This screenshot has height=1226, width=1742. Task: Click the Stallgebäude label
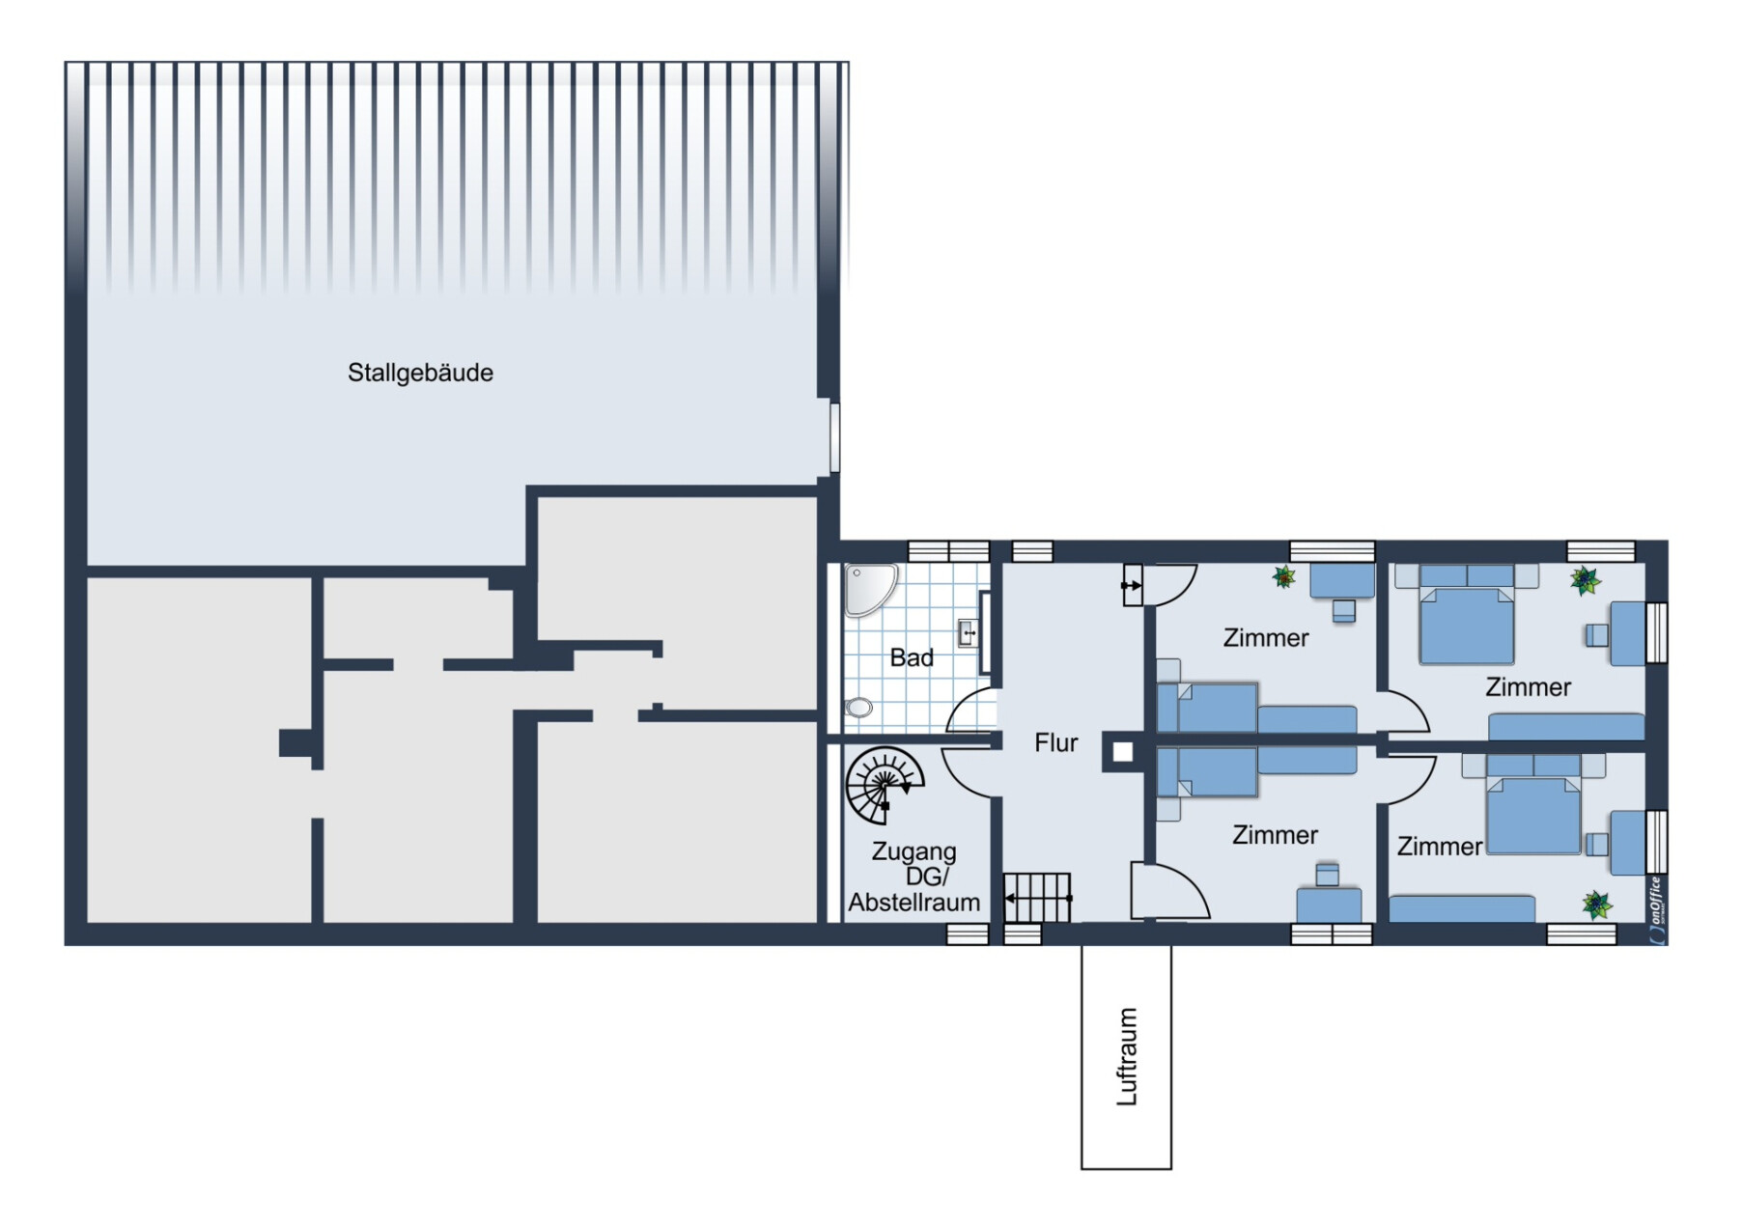pyautogui.click(x=420, y=373)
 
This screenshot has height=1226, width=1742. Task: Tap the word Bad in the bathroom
pyautogui.click(x=912, y=657)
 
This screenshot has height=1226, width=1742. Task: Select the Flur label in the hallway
pyautogui.click(x=1055, y=742)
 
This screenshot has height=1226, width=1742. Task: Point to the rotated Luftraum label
pyautogui.click(x=1127, y=1056)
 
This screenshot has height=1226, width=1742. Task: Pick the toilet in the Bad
pyautogui.click(x=858, y=708)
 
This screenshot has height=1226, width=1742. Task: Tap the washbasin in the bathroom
pyautogui.click(x=968, y=633)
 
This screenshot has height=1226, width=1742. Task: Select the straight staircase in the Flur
pyautogui.click(x=1038, y=898)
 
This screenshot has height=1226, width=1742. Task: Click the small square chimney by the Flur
pyautogui.click(x=1122, y=752)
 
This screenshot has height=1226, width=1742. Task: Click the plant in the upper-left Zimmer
pyautogui.click(x=1283, y=577)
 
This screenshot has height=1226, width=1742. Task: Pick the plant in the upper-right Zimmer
pyautogui.click(x=1585, y=580)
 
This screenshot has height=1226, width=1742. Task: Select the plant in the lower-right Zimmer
pyautogui.click(x=1597, y=905)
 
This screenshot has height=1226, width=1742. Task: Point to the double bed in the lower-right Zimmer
pyautogui.click(x=1533, y=804)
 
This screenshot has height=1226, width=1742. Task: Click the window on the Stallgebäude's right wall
pyautogui.click(x=834, y=437)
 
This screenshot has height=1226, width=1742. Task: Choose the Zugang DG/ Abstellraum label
pyautogui.click(x=914, y=877)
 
